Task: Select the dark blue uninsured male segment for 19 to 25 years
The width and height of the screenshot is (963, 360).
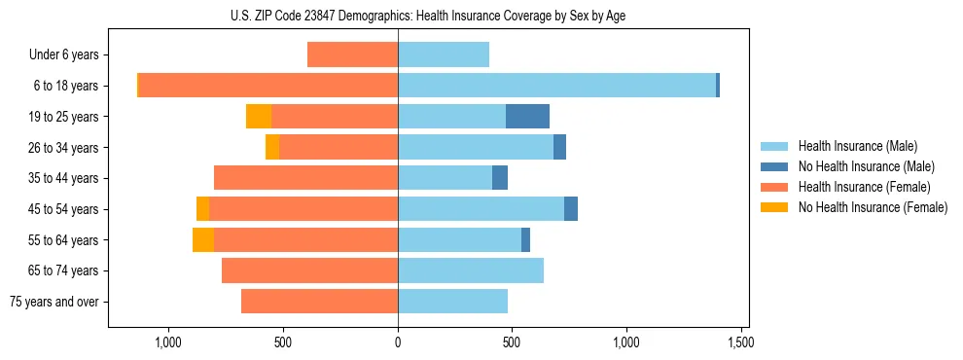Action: pyautogui.click(x=527, y=117)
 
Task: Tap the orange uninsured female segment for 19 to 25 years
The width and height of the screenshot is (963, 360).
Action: pyautogui.click(x=259, y=117)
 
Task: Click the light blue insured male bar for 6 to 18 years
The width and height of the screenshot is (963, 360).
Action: pyautogui.click(x=556, y=86)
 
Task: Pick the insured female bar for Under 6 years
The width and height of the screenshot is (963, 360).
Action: pyautogui.click(x=352, y=54)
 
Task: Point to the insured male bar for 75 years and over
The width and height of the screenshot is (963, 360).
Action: pyautogui.click(x=452, y=302)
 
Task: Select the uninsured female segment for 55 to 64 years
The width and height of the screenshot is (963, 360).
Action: pyautogui.click(x=203, y=240)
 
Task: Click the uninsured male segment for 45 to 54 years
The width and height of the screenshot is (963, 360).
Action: pyautogui.click(x=571, y=209)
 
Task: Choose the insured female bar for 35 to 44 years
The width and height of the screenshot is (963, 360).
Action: pyautogui.click(x=305, y=178)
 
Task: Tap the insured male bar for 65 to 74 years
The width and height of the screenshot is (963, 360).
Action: pyautogui.click(x=471, y=270)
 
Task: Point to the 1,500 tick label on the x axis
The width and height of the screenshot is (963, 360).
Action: pyautogui.click(x=740, y=342)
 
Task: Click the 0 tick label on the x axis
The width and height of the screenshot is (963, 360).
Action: pyautogui.click(x=398, y=342)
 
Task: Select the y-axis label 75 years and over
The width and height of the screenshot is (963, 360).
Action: pyautogui.click(x=54, y=302)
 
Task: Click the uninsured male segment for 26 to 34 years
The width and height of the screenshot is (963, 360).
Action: pyautogui.click(x=559, y=148)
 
